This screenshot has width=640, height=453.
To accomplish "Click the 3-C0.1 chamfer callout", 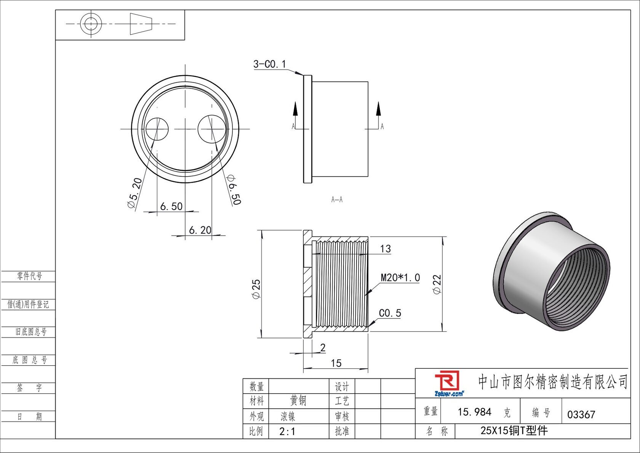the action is tap(269, 64).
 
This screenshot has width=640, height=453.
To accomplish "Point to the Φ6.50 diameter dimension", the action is tap(234, 190).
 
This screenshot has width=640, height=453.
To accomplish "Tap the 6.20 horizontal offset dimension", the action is tap(200, 230).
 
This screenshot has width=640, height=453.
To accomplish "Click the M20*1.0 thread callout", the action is tap(400, 278).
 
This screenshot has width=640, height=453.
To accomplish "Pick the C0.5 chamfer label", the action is tap(390, 313).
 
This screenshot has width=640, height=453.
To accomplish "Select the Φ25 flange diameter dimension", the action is tap(256, 289).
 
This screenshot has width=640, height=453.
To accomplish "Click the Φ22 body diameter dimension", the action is tap(437, 284).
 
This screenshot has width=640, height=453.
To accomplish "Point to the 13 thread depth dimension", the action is tap(385, 249).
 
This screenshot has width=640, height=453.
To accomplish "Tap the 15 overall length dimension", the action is tap(336, 363).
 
